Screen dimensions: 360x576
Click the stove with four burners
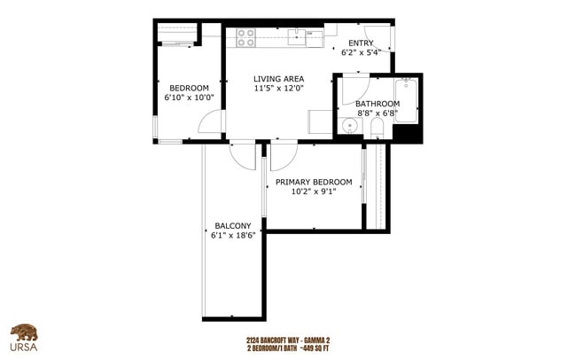[245, 38]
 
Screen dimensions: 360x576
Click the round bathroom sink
[351, 126]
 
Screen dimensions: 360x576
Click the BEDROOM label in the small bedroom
[189, 87]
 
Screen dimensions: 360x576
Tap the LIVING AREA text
[279, 78]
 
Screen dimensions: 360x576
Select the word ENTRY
[361, 43]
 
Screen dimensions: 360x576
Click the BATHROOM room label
[378, 104]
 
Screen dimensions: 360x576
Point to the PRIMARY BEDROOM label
[313, 182]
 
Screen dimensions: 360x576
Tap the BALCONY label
[232, 225]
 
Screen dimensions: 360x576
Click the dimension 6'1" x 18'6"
[232, 236]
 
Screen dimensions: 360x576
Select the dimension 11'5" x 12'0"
[279, 89]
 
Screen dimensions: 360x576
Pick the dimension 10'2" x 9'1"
[313, 192]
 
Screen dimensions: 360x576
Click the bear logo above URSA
[24, 333]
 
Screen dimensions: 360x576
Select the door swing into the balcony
[241, 154]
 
